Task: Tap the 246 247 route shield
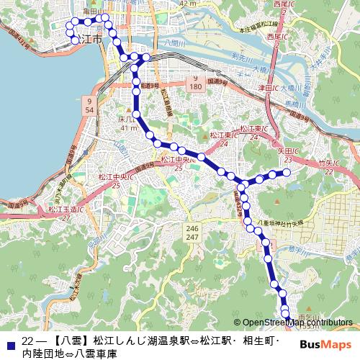(x=192, y=231)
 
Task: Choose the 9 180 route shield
(x=195, y=81)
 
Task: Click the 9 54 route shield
(x=89, y=105)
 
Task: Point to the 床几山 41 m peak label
(x=127, y=122)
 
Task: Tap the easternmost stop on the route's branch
(x=287, y=171)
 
